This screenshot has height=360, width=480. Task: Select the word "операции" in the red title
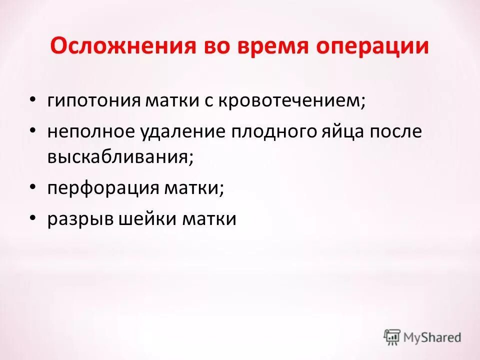377,46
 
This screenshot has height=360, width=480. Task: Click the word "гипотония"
92,100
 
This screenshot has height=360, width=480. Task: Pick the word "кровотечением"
244,100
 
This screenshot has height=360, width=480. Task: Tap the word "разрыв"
76,219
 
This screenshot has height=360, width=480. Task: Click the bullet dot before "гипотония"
32,99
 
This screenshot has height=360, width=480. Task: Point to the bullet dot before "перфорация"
32,187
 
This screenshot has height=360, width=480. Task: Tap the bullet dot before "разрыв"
32,218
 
